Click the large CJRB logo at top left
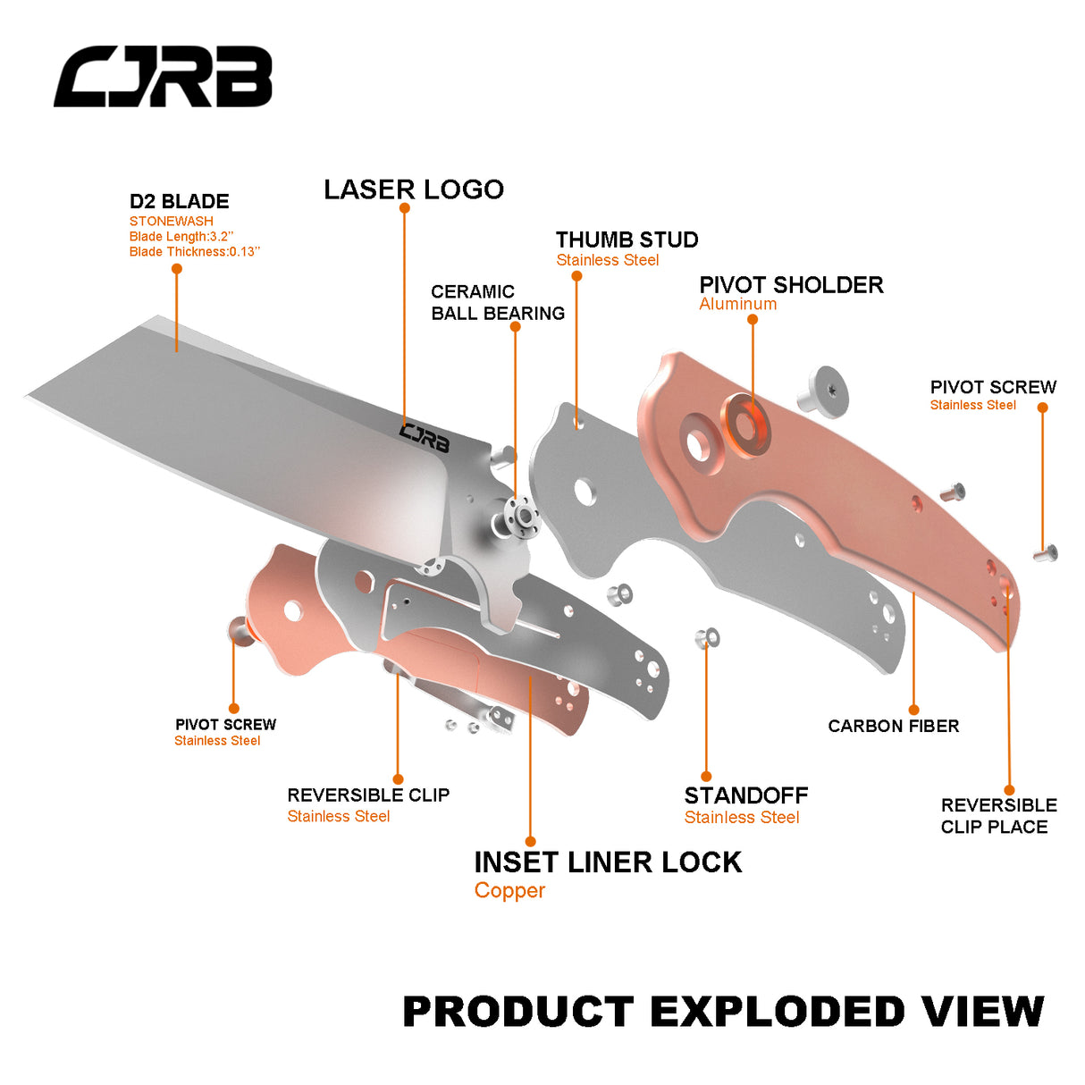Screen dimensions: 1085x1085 pyautogui.click(x=163, y=77)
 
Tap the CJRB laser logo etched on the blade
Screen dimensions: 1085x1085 pyautogui.click(x=424, y=437)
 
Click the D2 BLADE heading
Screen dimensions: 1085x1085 pyautogui.click(x=180, y=201)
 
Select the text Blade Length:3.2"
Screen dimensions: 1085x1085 pyautogui.click(x=181, y=237)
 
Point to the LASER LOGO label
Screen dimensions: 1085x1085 pyautogui.click(x=414, y=189)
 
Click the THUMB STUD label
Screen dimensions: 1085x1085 pyautogui.click(x=627, y=240)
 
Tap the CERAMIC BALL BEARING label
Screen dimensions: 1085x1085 pyautogui.click(x=497, y=302)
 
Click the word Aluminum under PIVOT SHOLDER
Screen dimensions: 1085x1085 pyautogui.click(x=738, y=304)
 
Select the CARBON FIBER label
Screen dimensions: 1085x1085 pyautogui.click(x=893, y=726)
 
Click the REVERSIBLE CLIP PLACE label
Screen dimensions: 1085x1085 pyautogui.click(x=997, y=816)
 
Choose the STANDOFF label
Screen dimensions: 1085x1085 pyautogui.click(x=745, y=795)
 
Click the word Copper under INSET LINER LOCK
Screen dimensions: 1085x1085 pyautogui.click(x=509, y=890)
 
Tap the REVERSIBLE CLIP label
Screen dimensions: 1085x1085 pyautogui.click(x=368, y=795)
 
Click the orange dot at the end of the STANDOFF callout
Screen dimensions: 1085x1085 pyautogui.click(x=706, y=777)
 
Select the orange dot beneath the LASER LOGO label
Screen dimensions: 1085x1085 pyautogui.click(x=405, y=208)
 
